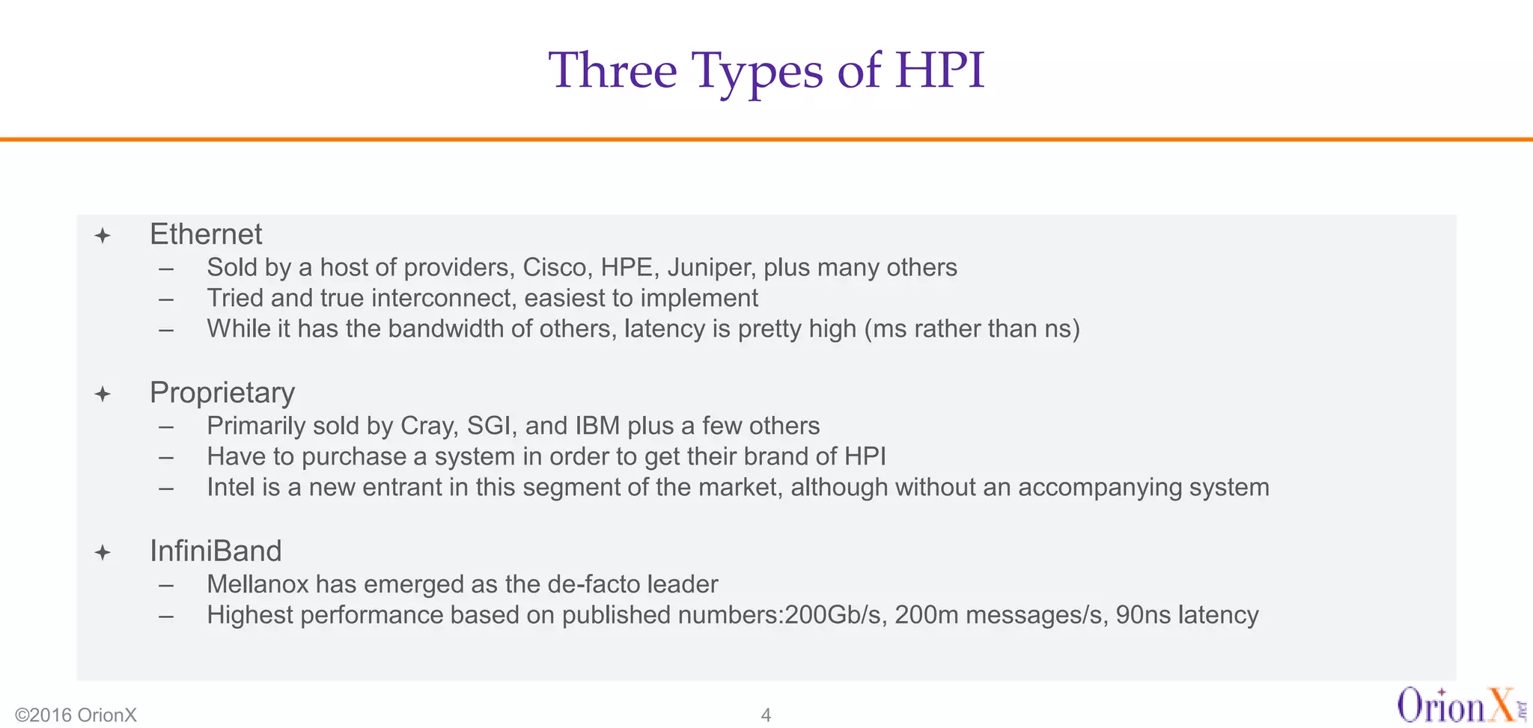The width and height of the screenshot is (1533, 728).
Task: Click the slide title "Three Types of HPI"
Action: point(766,70)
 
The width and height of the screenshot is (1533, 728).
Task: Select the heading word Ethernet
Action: point(206,235)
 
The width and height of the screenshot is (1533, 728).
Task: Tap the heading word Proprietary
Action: point(222,393)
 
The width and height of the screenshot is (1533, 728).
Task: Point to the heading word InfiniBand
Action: point(216,551)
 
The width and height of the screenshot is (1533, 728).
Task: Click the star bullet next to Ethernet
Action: point(103,236)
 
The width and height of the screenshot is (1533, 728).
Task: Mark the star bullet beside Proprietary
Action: point(103,394)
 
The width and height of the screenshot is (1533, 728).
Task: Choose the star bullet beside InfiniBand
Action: point(103,553)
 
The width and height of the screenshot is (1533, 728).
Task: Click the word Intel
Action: point(231,488)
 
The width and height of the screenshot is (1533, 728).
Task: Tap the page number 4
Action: point(766,715)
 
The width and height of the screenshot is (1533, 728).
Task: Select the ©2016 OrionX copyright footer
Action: point(76,715)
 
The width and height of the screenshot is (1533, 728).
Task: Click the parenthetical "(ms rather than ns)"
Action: point(972,329)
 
